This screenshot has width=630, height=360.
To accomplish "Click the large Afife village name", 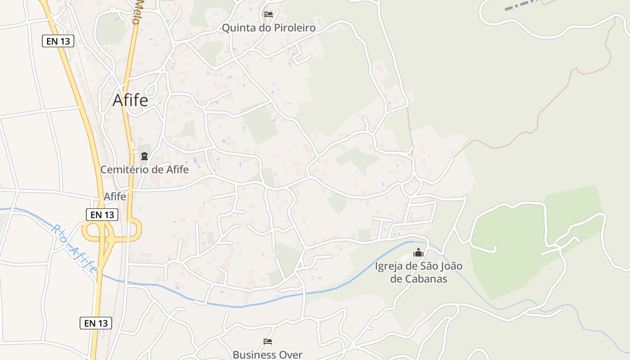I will (x=130, y=100).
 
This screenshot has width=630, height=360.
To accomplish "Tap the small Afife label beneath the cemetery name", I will (x=115, y=197).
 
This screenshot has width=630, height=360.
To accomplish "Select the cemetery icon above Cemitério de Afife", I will (x=144, y=156).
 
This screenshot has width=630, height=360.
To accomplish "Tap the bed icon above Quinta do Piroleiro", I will (x=269, y=14).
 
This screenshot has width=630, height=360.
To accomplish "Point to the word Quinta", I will (x=237, y=28).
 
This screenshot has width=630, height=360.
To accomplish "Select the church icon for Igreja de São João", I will (x=418, y=252).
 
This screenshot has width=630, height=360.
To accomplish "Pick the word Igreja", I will (x=389, y=266).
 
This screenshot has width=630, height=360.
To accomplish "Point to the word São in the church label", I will (x=427, y=266).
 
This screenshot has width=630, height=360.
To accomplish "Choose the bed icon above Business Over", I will (x=268, y=342).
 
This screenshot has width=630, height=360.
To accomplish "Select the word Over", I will (x=291, y=355).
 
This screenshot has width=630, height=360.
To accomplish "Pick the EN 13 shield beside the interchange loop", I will (x=102, y=215).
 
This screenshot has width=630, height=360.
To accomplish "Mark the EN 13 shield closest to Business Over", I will (x=96, y=323).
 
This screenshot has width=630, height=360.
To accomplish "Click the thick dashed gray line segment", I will (x=522, y=4).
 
